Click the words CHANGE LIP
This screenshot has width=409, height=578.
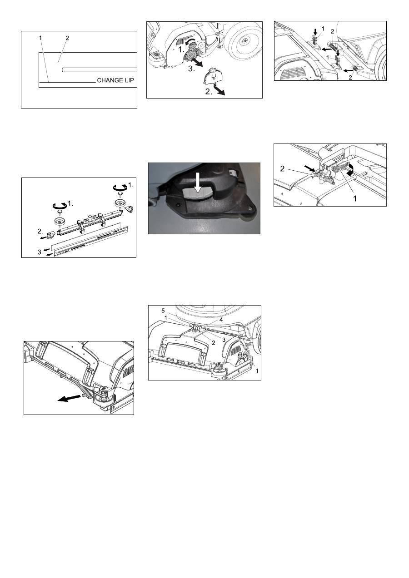(115, 80)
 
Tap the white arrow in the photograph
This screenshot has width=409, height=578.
(198, 183)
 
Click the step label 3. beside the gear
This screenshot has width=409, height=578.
(191, 69)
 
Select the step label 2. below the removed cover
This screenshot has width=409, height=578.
(209, 91)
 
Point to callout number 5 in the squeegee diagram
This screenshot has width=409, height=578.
(163, 311)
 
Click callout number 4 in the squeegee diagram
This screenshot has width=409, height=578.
(221, 320)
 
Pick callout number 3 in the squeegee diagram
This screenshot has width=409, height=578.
(224, 340)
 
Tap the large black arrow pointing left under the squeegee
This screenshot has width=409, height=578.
(69, 398)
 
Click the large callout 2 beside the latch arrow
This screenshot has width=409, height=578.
(282, 169)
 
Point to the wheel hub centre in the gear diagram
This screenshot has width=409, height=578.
(244, 40)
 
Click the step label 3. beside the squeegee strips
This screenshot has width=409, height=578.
(40, 252)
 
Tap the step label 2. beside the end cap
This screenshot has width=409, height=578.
(40, 231)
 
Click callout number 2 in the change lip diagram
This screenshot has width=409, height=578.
(67, 38)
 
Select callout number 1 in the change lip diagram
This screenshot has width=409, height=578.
(40, 38)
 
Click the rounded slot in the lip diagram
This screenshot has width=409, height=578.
(100, 69)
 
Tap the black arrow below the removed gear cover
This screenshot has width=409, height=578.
(219, 91)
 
